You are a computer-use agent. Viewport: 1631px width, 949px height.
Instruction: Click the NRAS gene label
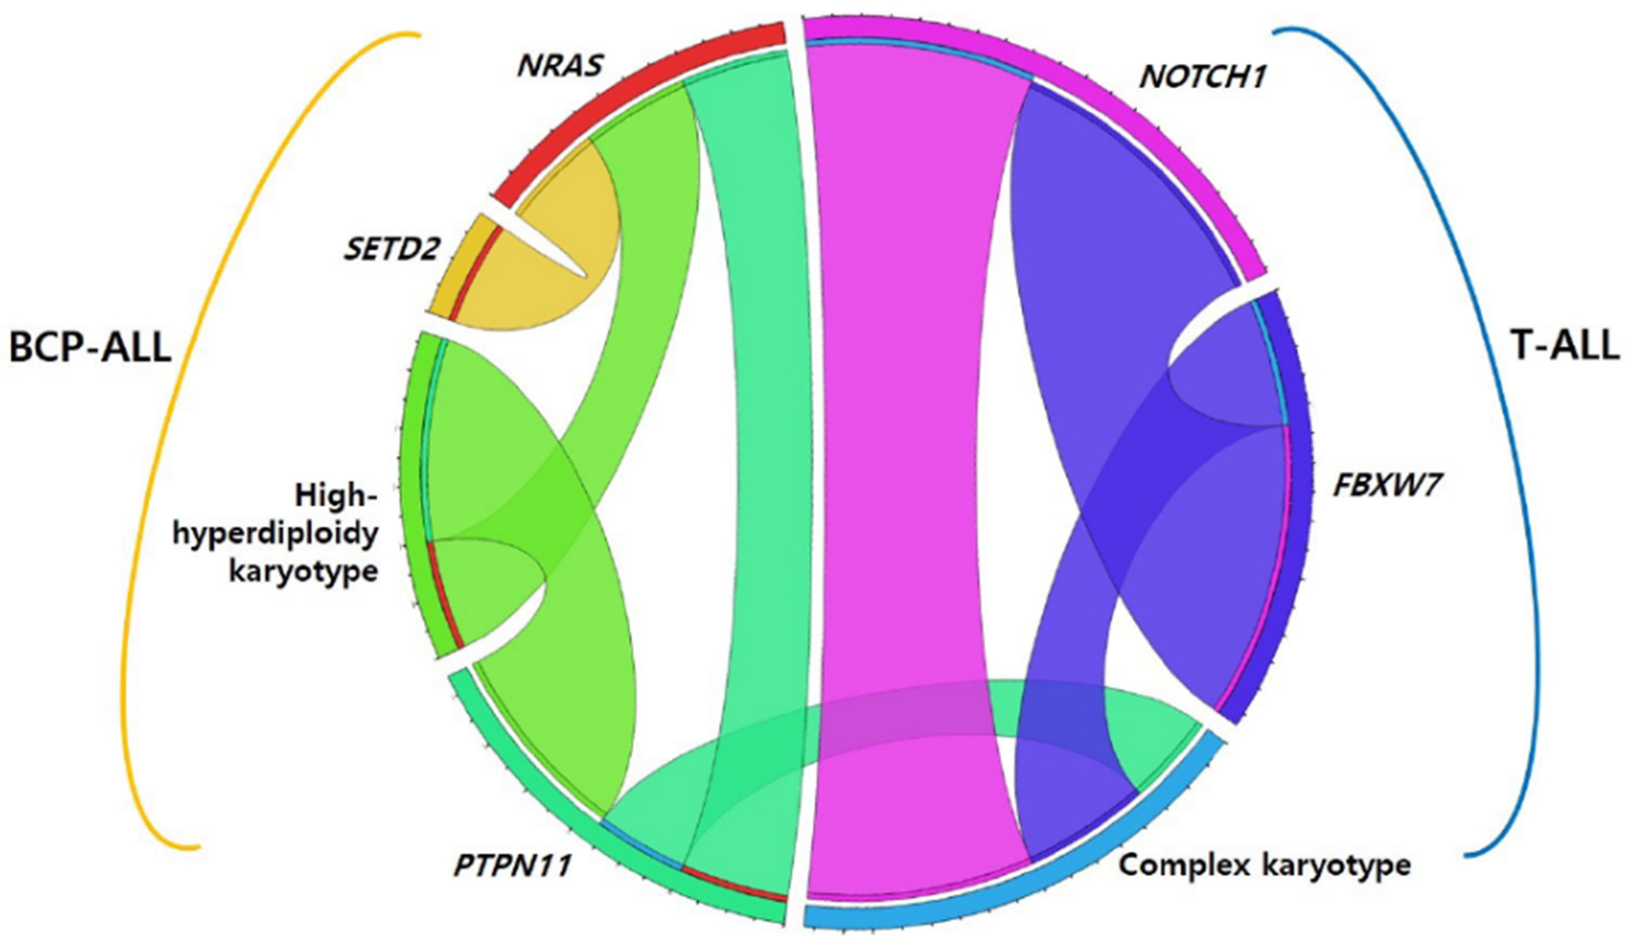pos(561,66)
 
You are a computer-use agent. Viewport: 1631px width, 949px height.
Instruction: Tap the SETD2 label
pos(392,249)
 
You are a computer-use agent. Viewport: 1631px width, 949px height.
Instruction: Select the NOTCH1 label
pos(1203,78)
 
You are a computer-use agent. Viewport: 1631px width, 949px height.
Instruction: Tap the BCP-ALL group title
pos(89,347)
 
